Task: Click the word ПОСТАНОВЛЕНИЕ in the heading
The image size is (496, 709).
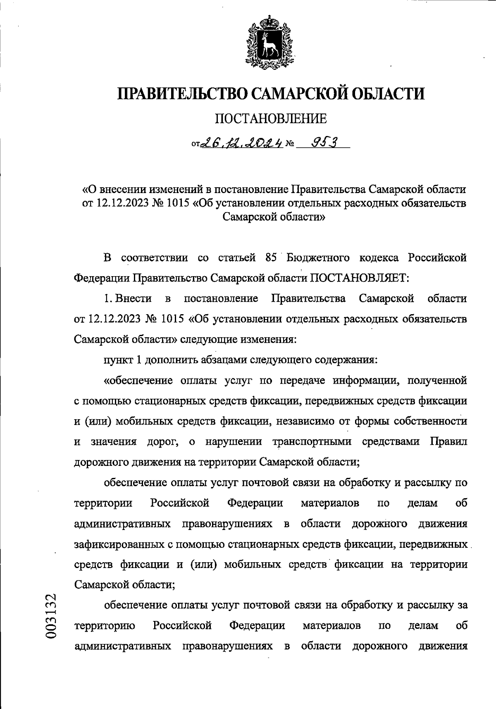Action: pyautogui.click(x=271, y=119)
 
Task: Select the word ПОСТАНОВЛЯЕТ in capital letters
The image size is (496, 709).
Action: pyautogui.click(x=359, y=278)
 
